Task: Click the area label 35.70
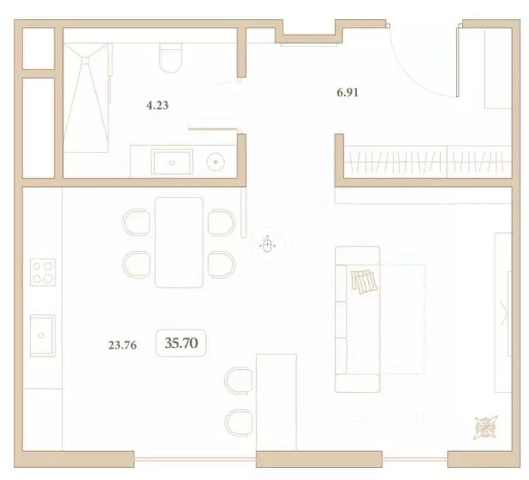point(180,342)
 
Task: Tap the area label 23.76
point(122,343)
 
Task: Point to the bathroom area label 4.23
point(157,106)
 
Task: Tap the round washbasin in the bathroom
point(215,161)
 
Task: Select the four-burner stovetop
point(42,272)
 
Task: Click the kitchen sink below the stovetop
point(42,335)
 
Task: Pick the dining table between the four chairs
point(179,242)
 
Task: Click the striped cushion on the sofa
point(364,281)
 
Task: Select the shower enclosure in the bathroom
point(87,97)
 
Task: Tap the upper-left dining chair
point(136,222)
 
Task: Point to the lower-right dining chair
point(222,263)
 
